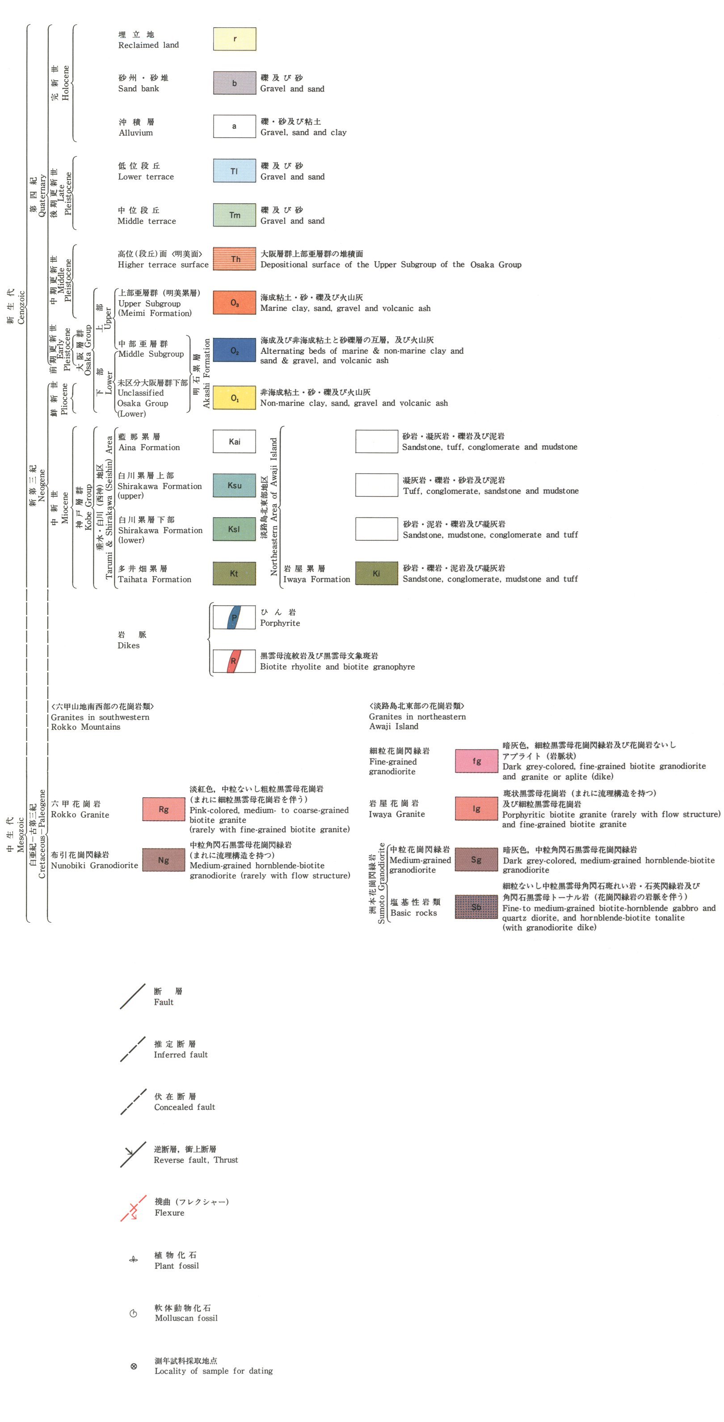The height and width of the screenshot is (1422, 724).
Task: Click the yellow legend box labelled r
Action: (x=234, y=39)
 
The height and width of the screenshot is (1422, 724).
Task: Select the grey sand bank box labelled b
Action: (x=234, y=83)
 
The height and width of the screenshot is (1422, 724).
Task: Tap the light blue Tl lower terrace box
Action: (x=234, y=171)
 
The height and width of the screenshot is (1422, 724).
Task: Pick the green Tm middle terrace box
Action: (x=234, y=215)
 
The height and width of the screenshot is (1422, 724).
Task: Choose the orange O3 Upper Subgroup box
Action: (x=234, y=302)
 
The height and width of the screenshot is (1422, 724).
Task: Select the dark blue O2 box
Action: (x=234, y=350)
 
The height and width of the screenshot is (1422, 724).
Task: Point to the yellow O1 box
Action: (x=234, y=397)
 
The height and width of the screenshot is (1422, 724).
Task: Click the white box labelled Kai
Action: (x=234, y=441)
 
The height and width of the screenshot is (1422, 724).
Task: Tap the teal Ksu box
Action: (x=234, y=485)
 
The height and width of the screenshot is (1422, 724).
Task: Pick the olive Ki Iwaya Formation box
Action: (x=376, y=573)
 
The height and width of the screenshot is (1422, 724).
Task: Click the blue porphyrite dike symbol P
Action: (x=234, y=617)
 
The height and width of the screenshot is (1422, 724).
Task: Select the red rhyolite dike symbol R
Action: (x=234, y=661)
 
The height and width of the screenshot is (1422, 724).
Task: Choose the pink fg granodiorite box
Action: (x=476, y=761)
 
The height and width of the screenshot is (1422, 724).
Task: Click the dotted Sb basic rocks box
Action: (x=476, y=907)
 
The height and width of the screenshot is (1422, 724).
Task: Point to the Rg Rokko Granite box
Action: (x=164, y=809)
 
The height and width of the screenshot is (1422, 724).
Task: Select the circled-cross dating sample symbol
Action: (x=134, y=1366)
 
